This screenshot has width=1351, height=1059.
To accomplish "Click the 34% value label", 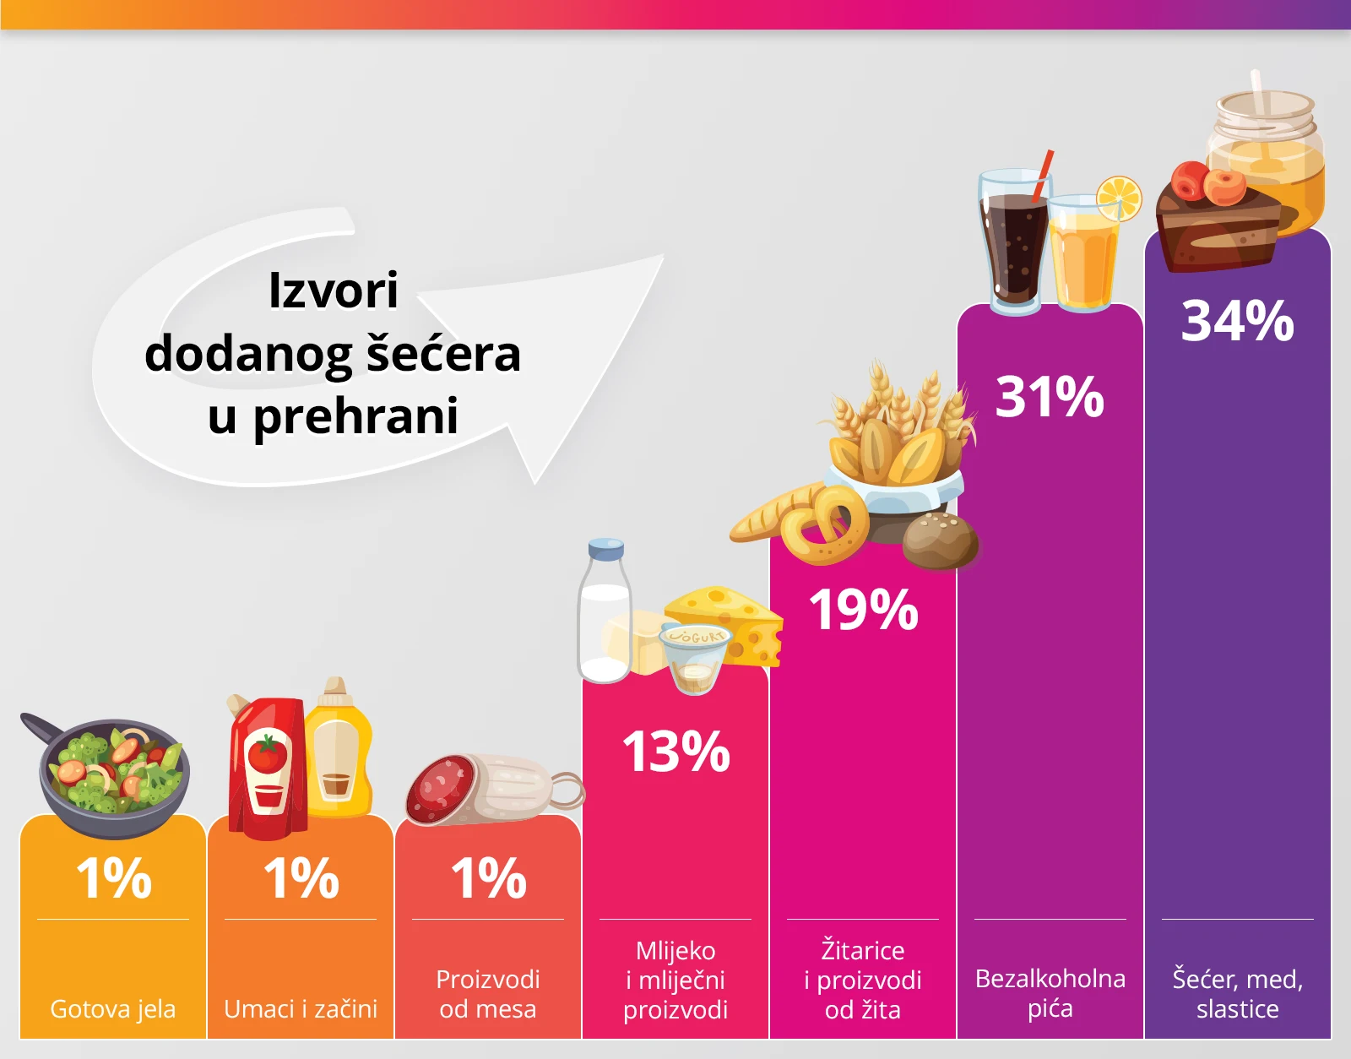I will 1237,321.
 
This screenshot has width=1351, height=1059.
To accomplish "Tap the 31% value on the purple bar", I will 1050,397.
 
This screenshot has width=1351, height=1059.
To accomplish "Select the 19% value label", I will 863,610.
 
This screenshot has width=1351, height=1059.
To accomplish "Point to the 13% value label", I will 675,752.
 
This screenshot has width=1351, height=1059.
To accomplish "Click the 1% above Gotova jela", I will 114,878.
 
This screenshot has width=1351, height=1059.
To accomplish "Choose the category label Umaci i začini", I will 301,1008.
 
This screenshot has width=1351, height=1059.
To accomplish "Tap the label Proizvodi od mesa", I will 488,994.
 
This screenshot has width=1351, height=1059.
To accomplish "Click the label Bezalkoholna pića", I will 1050,993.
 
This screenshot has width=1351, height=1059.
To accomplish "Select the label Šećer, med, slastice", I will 1237,994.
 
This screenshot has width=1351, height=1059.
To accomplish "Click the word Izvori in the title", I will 333,291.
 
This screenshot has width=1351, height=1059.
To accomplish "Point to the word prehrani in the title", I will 355,416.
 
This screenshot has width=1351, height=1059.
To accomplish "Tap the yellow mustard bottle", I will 339,752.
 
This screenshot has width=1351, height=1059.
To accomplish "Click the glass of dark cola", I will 1013,245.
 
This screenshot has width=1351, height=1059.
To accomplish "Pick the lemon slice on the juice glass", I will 1118,199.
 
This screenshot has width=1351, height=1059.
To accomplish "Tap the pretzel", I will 823,524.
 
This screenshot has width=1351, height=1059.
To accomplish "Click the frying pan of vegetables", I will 114,773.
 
